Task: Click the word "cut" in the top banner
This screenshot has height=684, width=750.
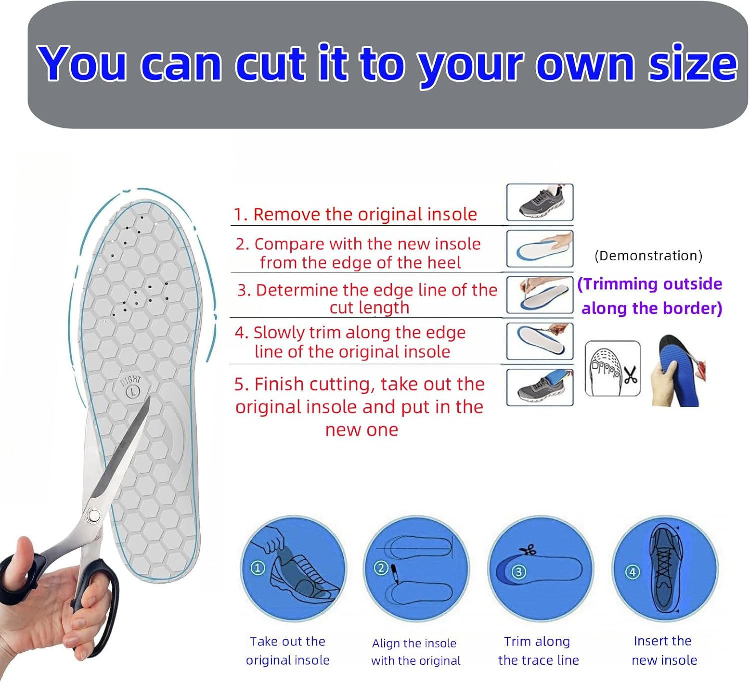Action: (270, 64)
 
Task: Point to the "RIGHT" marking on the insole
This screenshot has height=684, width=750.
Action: (131, 381)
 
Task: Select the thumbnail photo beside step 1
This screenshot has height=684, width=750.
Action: (540, 202)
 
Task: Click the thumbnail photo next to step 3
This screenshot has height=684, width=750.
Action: (540, 295)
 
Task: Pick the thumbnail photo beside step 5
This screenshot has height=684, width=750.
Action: (540, 388)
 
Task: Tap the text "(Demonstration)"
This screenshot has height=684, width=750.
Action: (648, 256)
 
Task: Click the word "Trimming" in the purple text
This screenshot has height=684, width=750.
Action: (618, 284)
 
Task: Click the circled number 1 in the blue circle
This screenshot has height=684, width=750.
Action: (257, 568)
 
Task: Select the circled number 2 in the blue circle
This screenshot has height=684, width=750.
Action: (381, 568)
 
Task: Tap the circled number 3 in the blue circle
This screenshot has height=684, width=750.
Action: (518, 572)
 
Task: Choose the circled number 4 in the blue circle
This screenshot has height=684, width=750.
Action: (632, 572)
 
